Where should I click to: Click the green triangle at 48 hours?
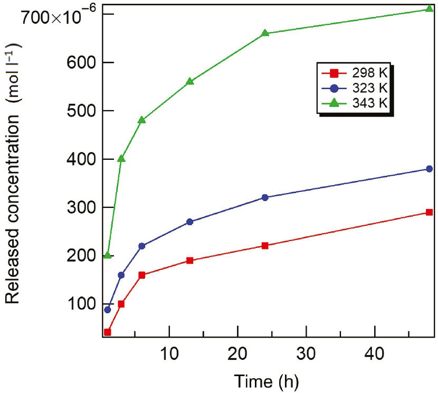(x=429, y=9)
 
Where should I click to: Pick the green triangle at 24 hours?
(x=265, y=33)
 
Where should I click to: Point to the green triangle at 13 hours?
(x=190, y=81)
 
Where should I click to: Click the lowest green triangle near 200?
(x=108, y=255)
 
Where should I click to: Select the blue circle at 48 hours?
(x=429, y=169)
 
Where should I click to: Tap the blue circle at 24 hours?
(x=265, y=197)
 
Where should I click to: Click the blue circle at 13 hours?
(x=190, y=222)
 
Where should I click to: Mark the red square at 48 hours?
(x=429, y=212)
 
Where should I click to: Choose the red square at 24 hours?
(x=265, y=245)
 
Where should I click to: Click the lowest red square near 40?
(x=108, y=332)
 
